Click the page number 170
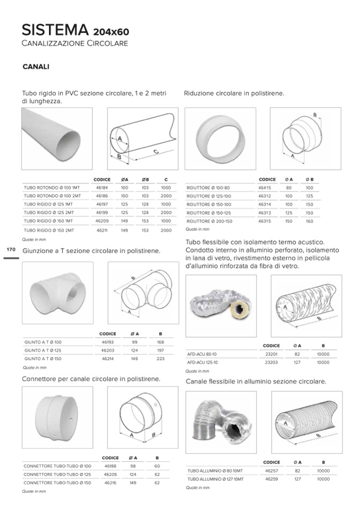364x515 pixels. pos(10,250)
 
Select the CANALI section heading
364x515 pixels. pos(36,67)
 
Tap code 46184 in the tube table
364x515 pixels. pos(102,188)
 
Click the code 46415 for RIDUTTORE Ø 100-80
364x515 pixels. pos(265,188)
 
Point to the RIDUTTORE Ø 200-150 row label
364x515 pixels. pos(210,221)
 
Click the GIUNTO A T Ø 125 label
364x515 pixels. pos(43,350)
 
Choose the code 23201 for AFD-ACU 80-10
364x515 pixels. pos(271,354)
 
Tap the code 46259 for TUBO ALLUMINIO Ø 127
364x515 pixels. pos(271,478)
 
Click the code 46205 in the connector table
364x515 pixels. pos(111,474)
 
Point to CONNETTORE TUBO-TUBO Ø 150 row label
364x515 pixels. pos(57,483)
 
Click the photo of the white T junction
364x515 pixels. pos(57,293)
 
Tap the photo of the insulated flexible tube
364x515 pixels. pos(220,304)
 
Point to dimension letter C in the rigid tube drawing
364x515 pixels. pos(155,152)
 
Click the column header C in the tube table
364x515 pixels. pos(166,179)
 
